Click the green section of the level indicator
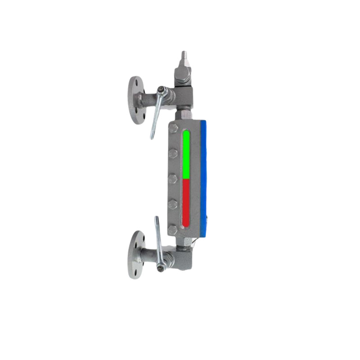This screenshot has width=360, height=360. (x=186, y=155)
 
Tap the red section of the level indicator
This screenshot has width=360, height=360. (x=186, y=202)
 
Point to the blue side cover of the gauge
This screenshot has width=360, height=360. (x=205, y=175)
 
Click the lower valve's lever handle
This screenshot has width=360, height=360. (x=158, y=236)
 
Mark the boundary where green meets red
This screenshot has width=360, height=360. (x=186, y=179)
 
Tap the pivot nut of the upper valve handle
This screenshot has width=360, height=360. (x=161, y=94)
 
